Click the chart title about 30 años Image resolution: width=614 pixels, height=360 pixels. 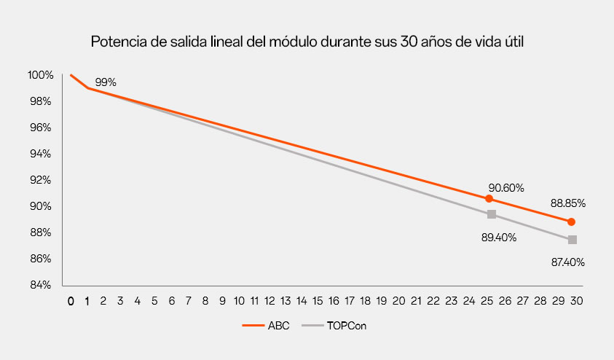tap(307, 42)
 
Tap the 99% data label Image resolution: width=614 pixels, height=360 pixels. tap(106, 82)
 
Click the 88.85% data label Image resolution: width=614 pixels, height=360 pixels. tap(569, 203)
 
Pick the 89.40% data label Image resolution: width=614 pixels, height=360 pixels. tap(498, 238)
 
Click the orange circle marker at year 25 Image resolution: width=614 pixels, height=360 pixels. tap(489, 199)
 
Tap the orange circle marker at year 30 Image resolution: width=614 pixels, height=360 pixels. tap(571, 222)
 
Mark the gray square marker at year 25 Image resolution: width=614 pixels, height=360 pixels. tap(492, 214)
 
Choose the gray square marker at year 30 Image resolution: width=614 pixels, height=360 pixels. tap(572, 240)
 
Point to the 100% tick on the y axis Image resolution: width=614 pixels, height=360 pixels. tap(40, 75)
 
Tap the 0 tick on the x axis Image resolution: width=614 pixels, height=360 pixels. tap(71, 300)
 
